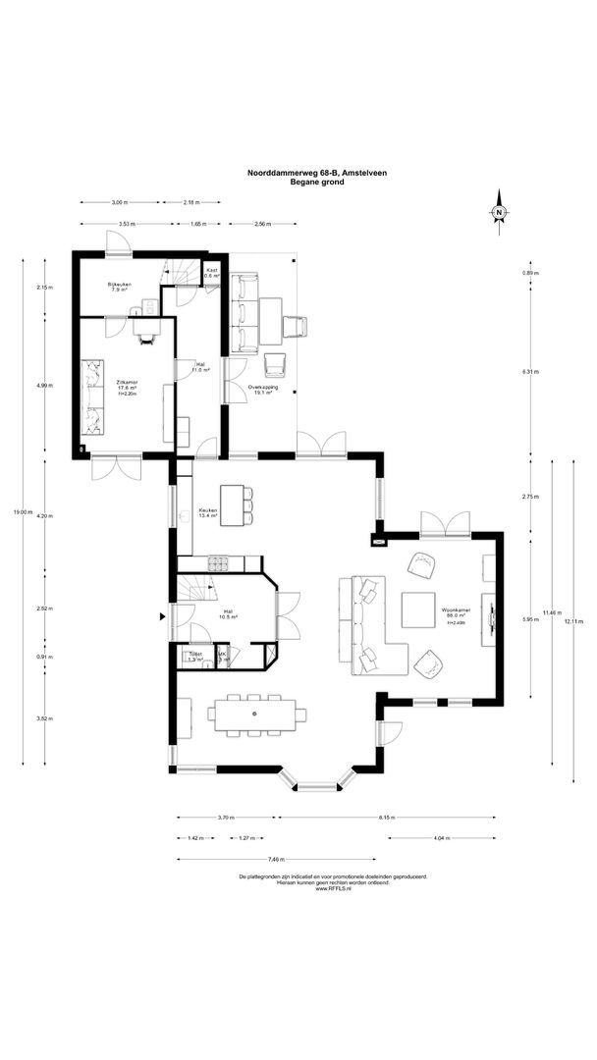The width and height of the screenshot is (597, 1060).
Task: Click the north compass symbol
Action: [499, 213]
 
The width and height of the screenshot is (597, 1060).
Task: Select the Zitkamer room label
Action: [126, 386]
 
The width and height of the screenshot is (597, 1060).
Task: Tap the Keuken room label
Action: [208, 513]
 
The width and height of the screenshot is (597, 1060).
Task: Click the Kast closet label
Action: [211, 273]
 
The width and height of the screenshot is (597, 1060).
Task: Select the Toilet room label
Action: [194, 657]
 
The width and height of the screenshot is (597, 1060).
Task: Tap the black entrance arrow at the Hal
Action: [163, 616]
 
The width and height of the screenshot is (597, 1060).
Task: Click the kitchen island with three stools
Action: [232, 504]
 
